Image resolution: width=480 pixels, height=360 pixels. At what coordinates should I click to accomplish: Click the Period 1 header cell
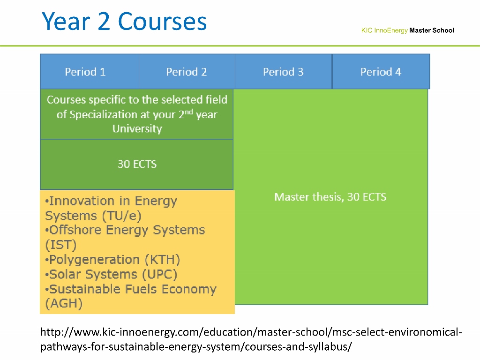click(90, 72)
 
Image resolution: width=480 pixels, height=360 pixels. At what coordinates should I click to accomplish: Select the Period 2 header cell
click(187, 72)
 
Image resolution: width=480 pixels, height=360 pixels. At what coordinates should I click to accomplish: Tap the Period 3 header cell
click(284, 72)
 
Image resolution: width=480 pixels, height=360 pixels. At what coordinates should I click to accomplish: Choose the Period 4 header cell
click(381, 72)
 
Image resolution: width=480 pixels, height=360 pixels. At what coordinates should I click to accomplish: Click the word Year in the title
click(67, 22)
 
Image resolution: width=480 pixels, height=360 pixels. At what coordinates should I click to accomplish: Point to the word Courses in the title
click(162, 22)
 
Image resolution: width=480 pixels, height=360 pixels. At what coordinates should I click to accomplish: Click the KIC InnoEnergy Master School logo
click(407, 30)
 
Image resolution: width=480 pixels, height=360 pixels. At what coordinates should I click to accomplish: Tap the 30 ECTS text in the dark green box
click(137, 165)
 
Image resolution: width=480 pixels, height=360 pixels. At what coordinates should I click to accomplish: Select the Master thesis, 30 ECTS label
click(330, 197)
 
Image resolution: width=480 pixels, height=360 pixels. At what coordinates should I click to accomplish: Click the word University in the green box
click(137, 129)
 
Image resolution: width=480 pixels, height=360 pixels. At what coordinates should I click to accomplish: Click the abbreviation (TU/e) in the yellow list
click(122, 216)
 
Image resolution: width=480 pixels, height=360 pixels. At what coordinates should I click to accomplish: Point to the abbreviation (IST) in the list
click(60, 245)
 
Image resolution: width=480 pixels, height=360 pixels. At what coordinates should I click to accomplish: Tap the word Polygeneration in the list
click(94, 260)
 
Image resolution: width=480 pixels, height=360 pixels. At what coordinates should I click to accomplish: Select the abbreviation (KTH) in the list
click(163, 260)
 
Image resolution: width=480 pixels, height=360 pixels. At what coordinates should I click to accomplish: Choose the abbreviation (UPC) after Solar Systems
click(160, 274)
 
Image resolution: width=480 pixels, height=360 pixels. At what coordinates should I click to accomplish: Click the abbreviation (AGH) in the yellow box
click(64, 303)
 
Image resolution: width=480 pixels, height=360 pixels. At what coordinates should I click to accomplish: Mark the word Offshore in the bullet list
click(75, 230)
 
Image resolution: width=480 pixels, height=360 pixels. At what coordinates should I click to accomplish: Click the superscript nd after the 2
click(188, 112)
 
